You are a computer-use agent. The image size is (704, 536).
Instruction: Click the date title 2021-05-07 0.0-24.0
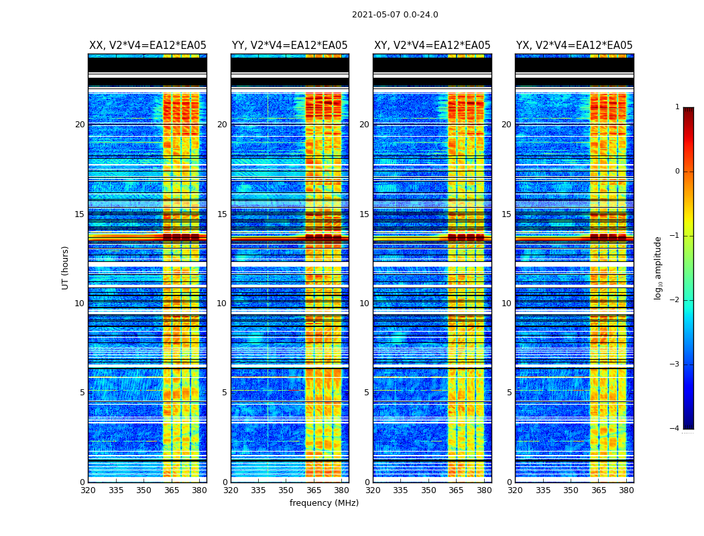point(395,15)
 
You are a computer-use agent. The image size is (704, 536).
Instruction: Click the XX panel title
point(148,46)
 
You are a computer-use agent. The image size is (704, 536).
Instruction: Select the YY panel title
point(290,46)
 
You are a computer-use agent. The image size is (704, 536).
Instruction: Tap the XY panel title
point(432,46)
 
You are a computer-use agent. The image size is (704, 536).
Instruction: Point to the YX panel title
point(574,46)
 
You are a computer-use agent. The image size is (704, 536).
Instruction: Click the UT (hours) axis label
point(66,267)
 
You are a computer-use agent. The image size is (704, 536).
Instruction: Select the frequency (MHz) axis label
point(324,503)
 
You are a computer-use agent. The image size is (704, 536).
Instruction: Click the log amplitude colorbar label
point(658,267)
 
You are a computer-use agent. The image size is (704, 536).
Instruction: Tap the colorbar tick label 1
point(677,107)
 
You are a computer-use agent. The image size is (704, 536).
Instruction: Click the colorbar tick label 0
point(677,172)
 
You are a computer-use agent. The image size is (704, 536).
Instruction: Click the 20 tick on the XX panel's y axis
point(80,125)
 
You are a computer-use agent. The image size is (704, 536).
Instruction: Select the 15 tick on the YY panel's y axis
point(222,214)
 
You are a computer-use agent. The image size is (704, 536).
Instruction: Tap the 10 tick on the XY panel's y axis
point(364,304)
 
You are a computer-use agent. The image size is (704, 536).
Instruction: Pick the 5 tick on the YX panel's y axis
point(509,393)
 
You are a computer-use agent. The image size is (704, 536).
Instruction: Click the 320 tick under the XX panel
point(88,490)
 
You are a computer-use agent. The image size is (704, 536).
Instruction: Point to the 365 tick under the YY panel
point(314,490)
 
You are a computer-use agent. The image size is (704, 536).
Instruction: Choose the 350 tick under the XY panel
point(428,490)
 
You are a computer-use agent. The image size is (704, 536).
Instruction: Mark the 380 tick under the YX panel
point(626,490)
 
